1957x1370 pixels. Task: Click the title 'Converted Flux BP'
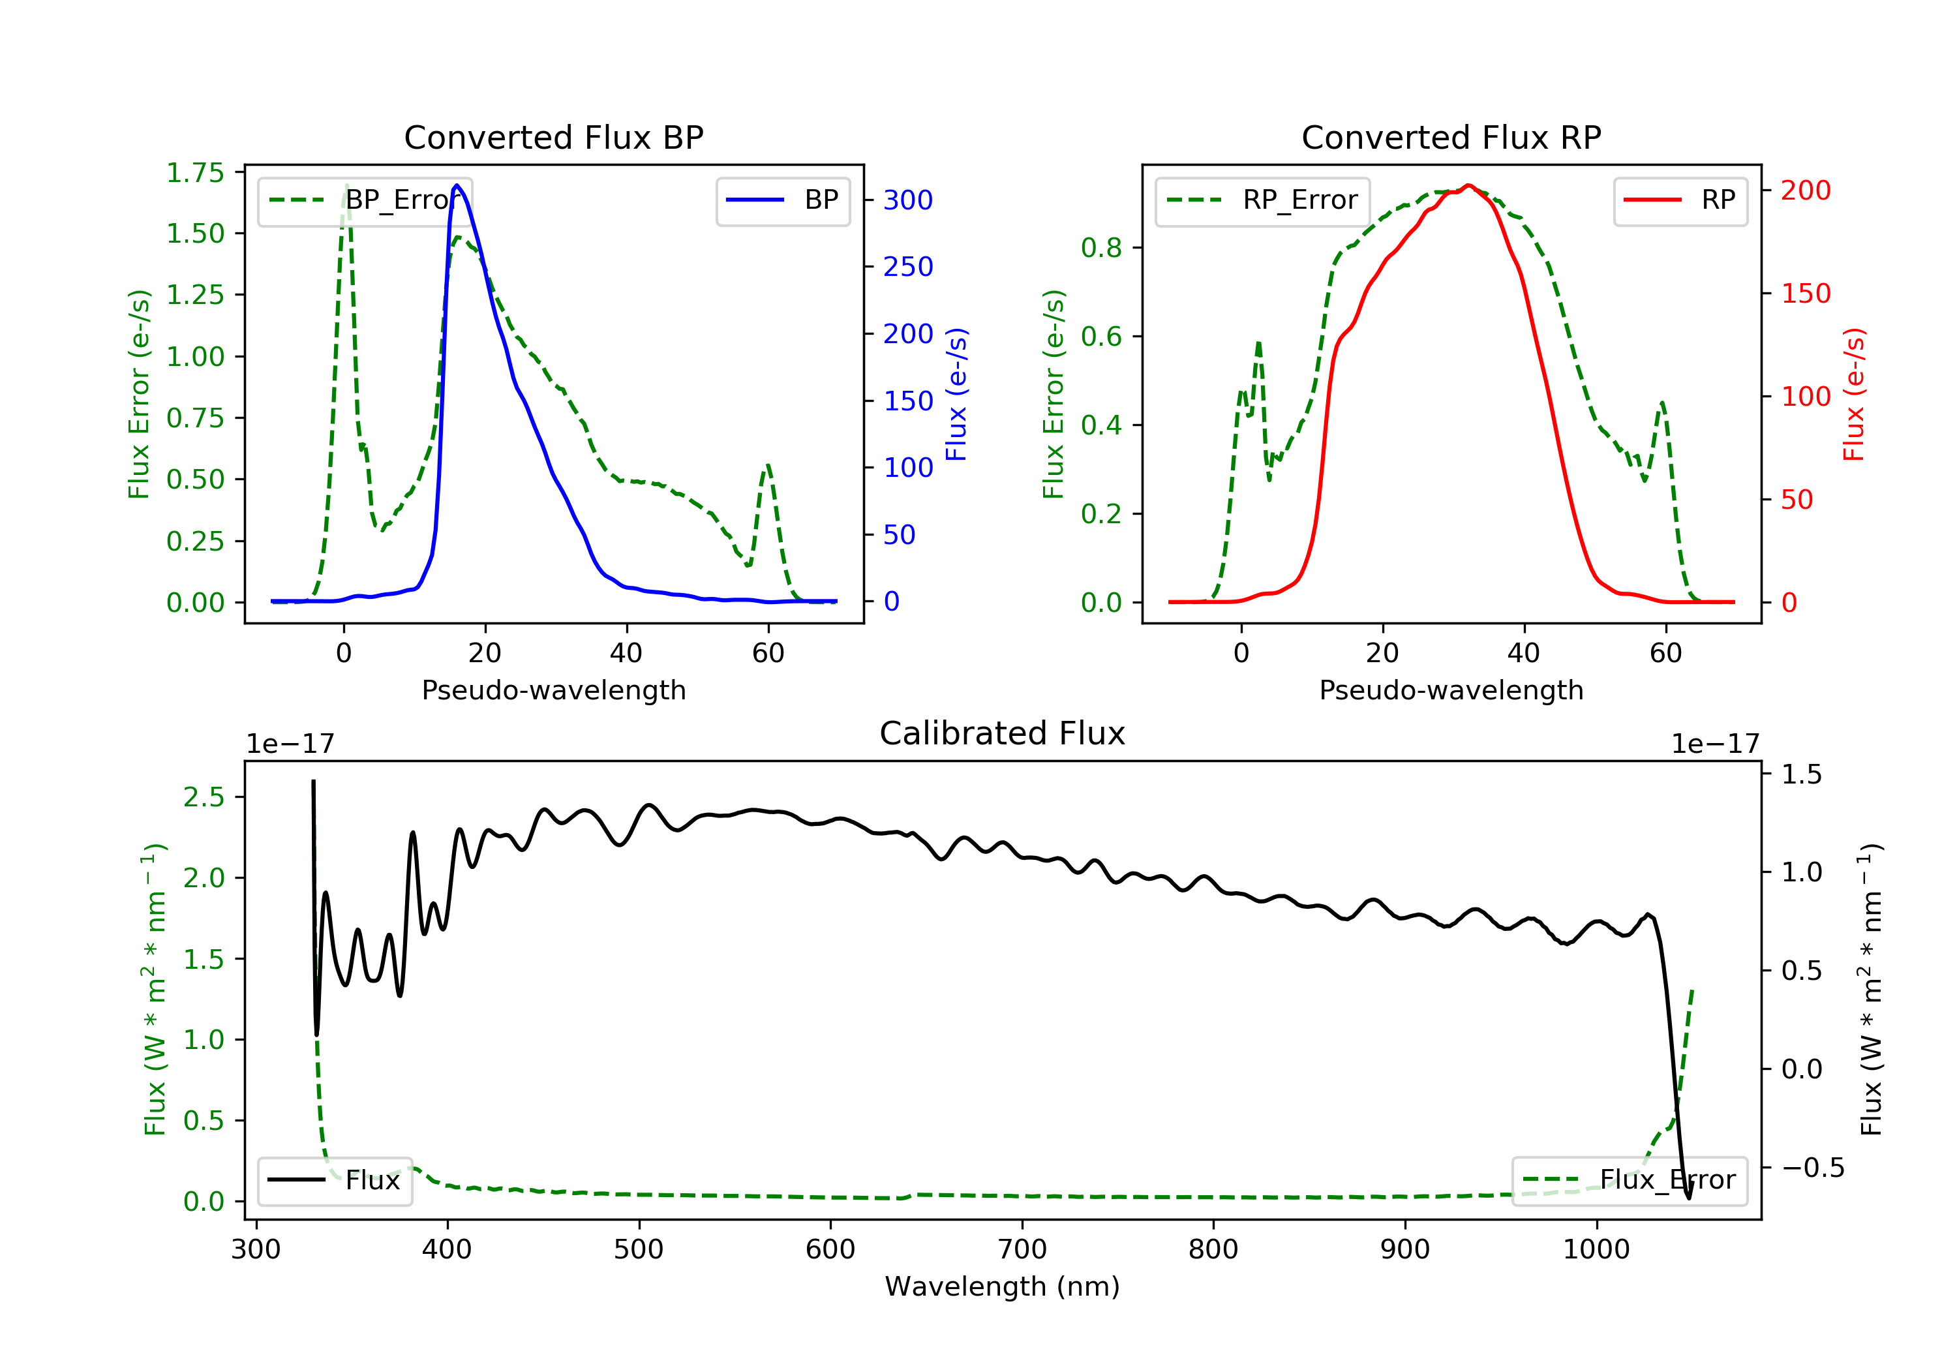tap(553, 137)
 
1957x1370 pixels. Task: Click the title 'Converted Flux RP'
tap(1451, 137)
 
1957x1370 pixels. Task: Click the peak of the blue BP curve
tap(457, 185)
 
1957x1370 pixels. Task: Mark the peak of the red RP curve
tap(1468, 185)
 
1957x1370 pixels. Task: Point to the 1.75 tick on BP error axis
tap(195, 173)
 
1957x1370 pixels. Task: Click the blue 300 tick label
tap(908, 200)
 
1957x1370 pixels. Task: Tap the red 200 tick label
tap(1805, 190)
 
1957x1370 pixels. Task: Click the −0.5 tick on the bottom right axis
tap(1812, 1167)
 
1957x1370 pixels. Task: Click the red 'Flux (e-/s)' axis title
tap(1854, 394)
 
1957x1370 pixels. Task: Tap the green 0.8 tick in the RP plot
tap(1100, 248)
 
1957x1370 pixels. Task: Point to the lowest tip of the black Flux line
tap(1688, 1198)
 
